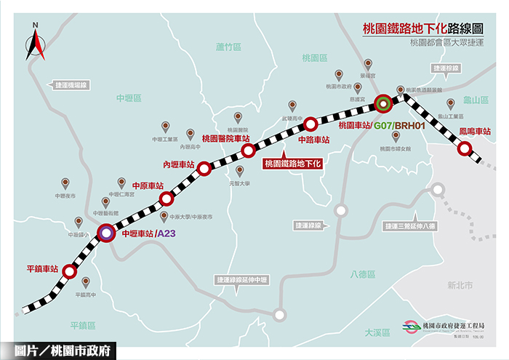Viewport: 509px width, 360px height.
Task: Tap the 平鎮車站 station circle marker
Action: pyautogui.click(x=70, y=271)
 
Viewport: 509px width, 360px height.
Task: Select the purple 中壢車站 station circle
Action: pyautogui.click(x=107, y=233)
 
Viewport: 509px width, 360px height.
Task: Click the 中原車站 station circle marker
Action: pyautogui.click(x=167, y=198)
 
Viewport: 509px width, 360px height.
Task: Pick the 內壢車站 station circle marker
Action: pyautogui.click(x=205, y=169)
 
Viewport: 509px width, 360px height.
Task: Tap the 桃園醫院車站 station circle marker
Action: pyautogui.click(x=248, y=151)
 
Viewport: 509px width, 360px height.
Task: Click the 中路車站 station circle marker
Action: pyautogui.click(x=310, y=124)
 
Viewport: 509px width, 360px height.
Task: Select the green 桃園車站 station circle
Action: pyautogui.click(x=382, y=103)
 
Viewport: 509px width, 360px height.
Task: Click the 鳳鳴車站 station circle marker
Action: pyautogui.click(x=464, y=149)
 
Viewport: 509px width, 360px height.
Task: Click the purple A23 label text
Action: pyautogui.click(x=167, y=234)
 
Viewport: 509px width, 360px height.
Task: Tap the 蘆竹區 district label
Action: pyautogui.click(x=228, y=47)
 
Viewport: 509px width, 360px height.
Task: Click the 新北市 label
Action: pyautogui.click(x=460, y=284)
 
